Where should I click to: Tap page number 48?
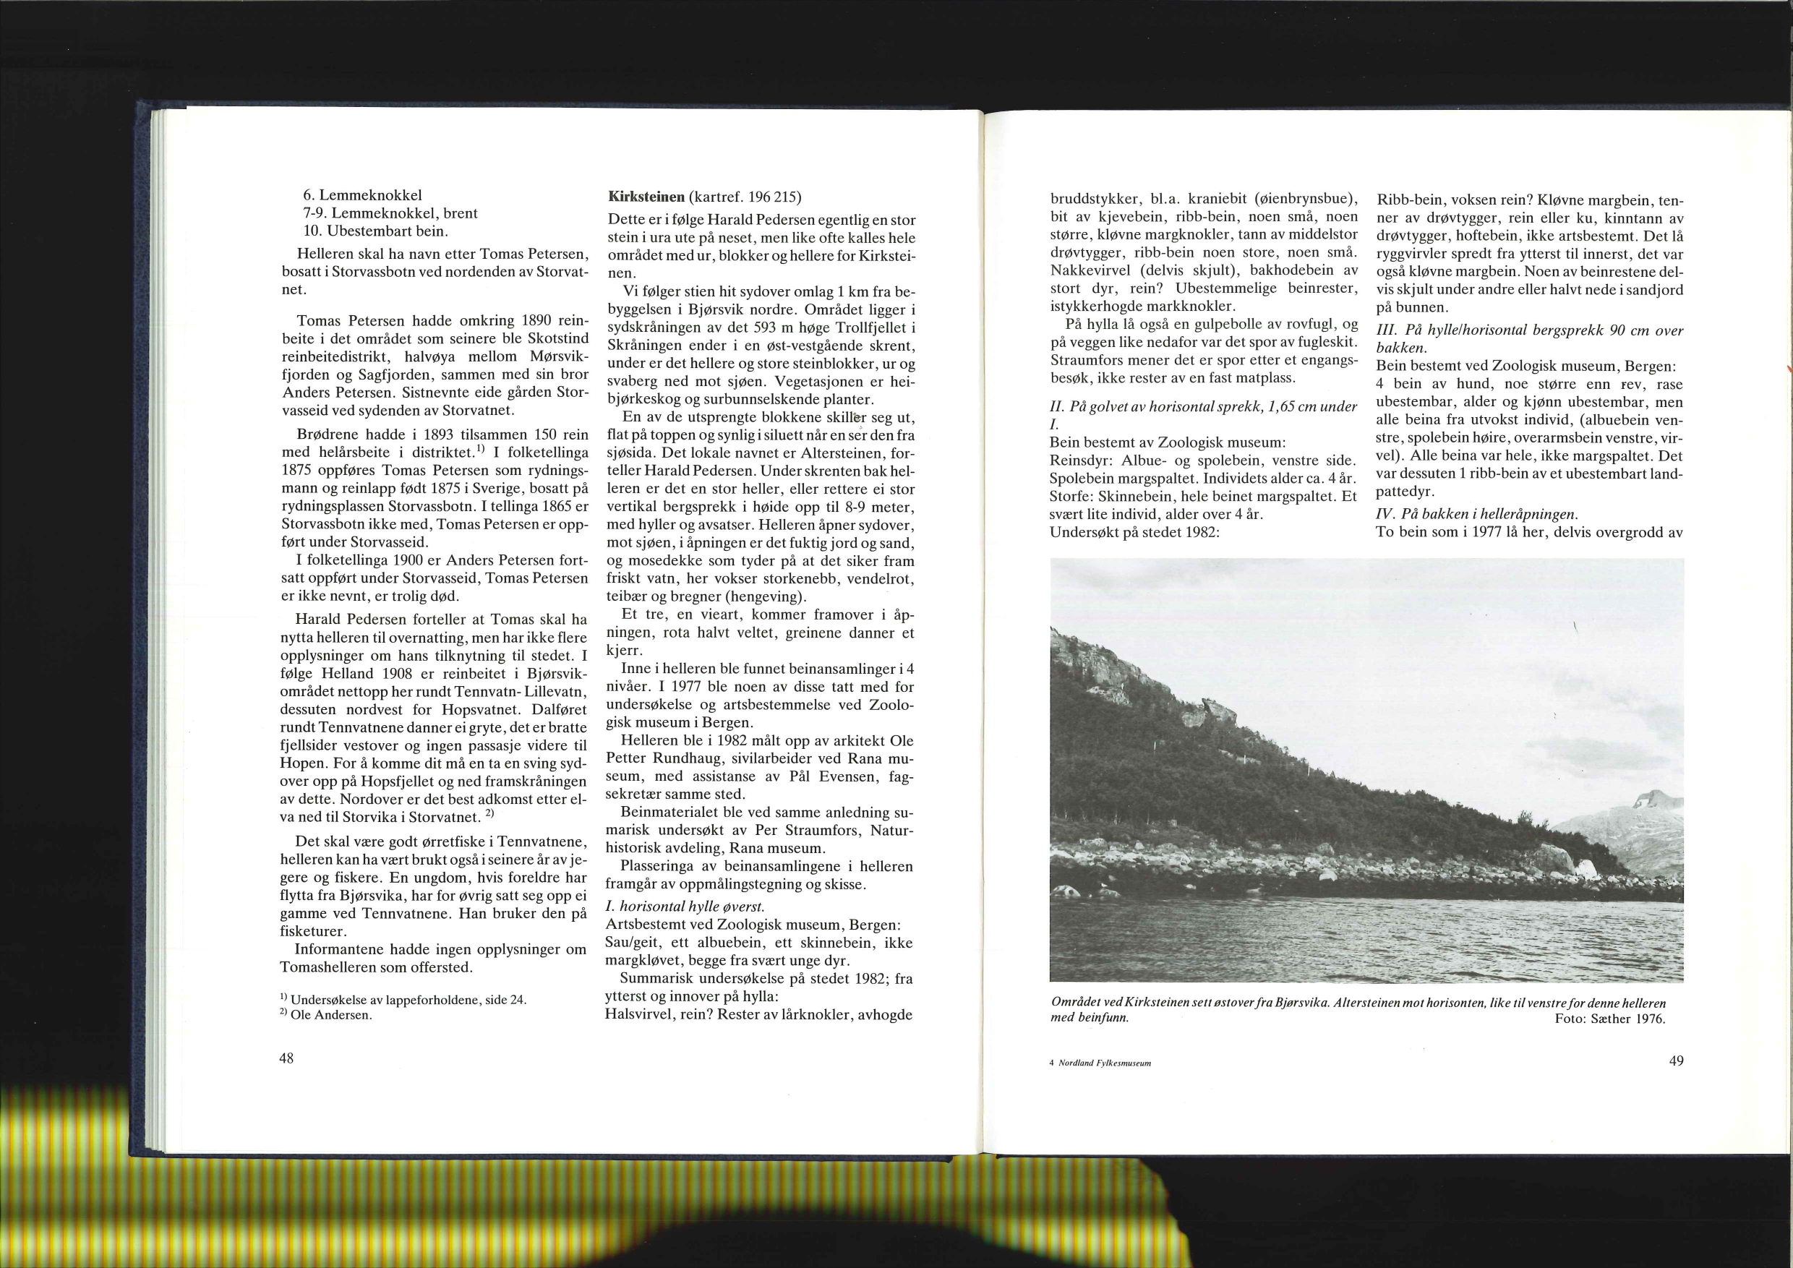click(x=286, y=1059)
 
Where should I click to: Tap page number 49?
click(x=1676, y=1061)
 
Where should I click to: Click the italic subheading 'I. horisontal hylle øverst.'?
click(x=685, y=907)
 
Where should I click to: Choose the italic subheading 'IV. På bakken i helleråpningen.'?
click(x=1477, y=514)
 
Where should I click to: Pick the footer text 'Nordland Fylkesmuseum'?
click(x=1104, y=1063)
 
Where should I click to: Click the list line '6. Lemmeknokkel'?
click(x=363, y=195)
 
